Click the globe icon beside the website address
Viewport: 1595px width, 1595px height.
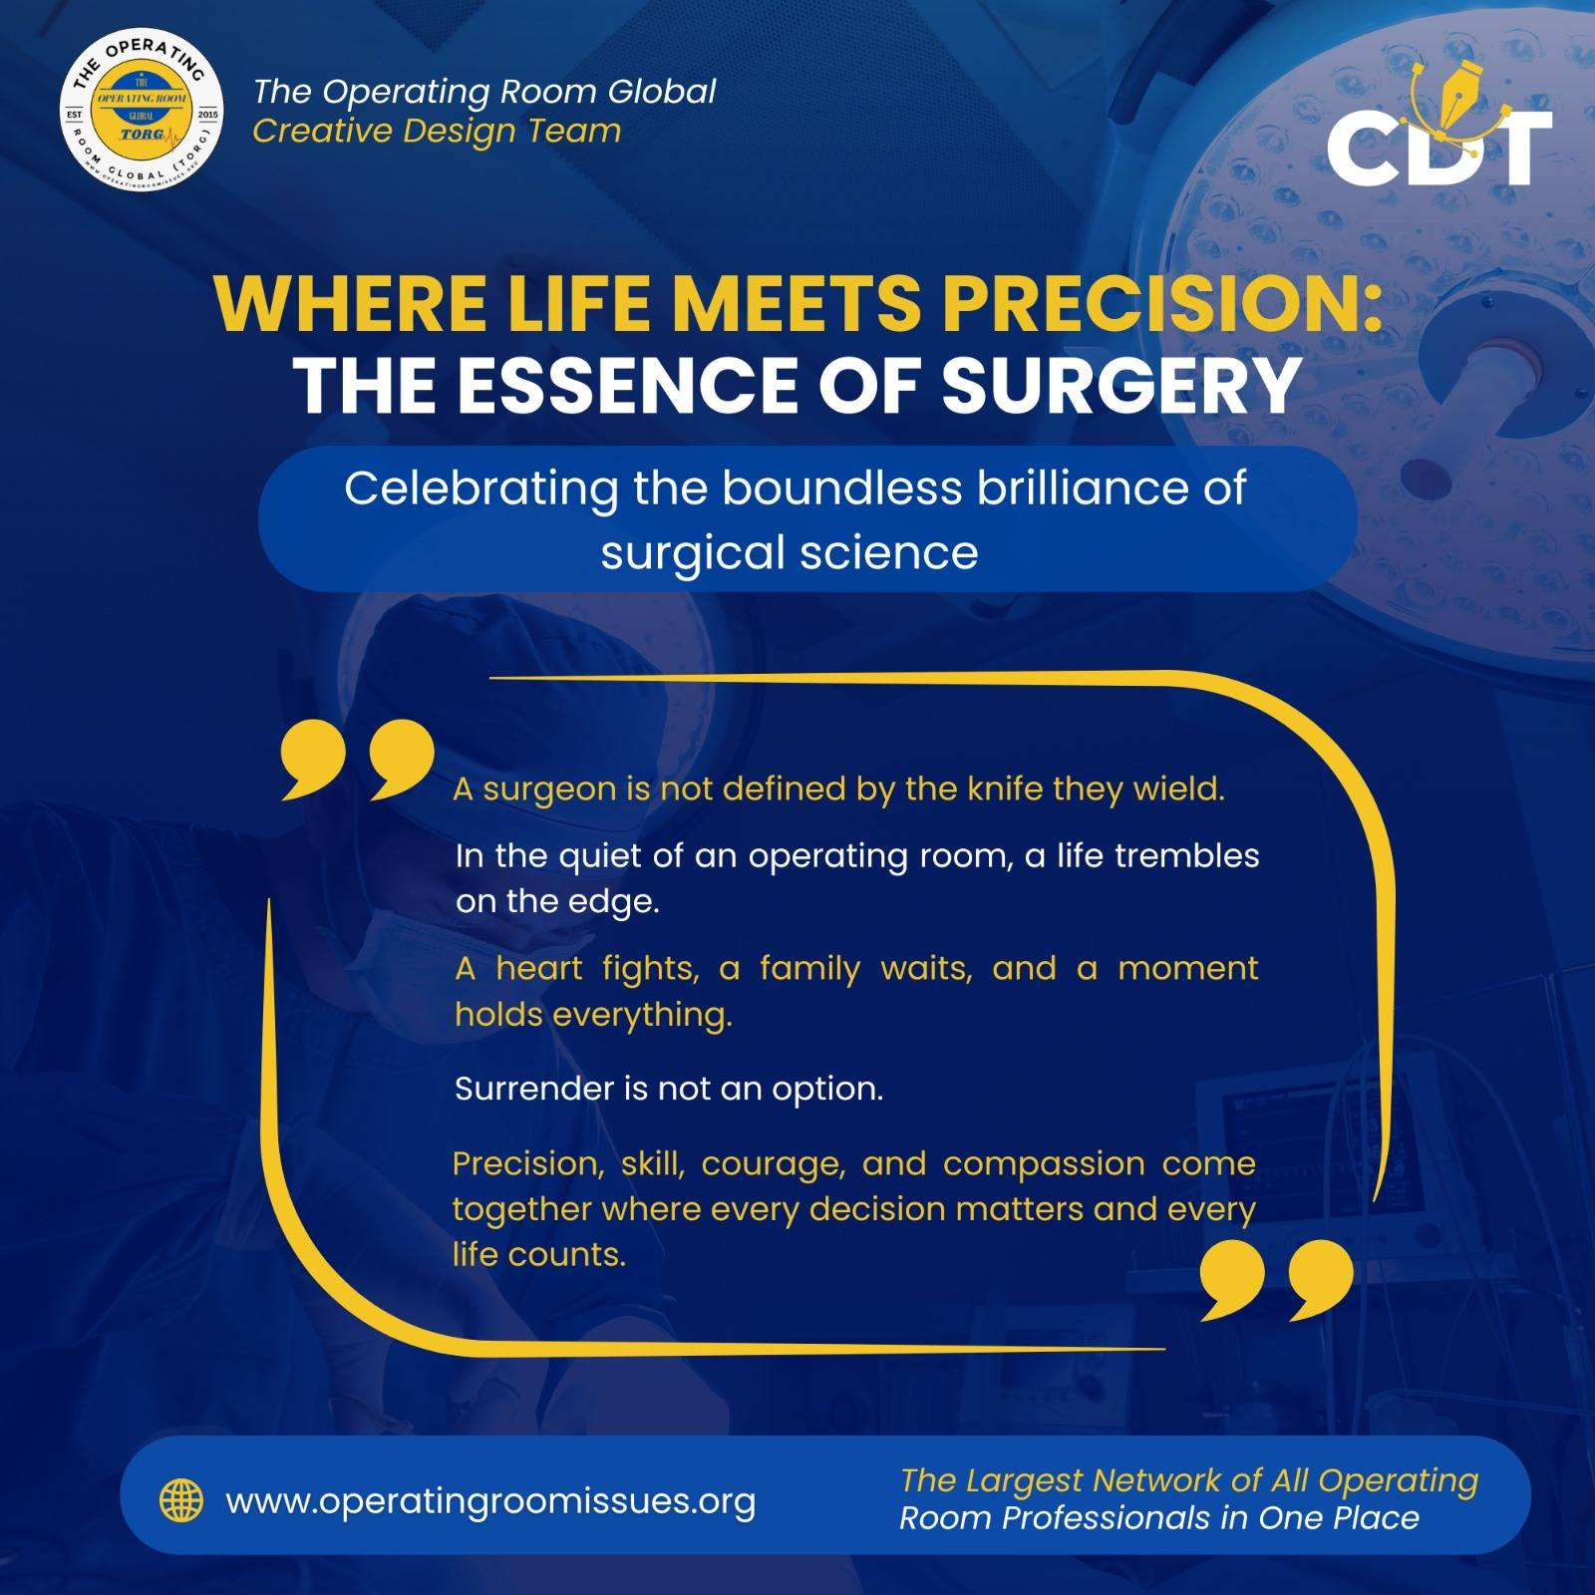(x=181, y=1500)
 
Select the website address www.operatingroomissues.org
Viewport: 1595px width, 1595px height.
(x=490, y=1501)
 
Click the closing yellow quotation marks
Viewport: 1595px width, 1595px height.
(x=1277, y=1281)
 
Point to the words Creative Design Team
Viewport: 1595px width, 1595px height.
(x=437, y=131)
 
